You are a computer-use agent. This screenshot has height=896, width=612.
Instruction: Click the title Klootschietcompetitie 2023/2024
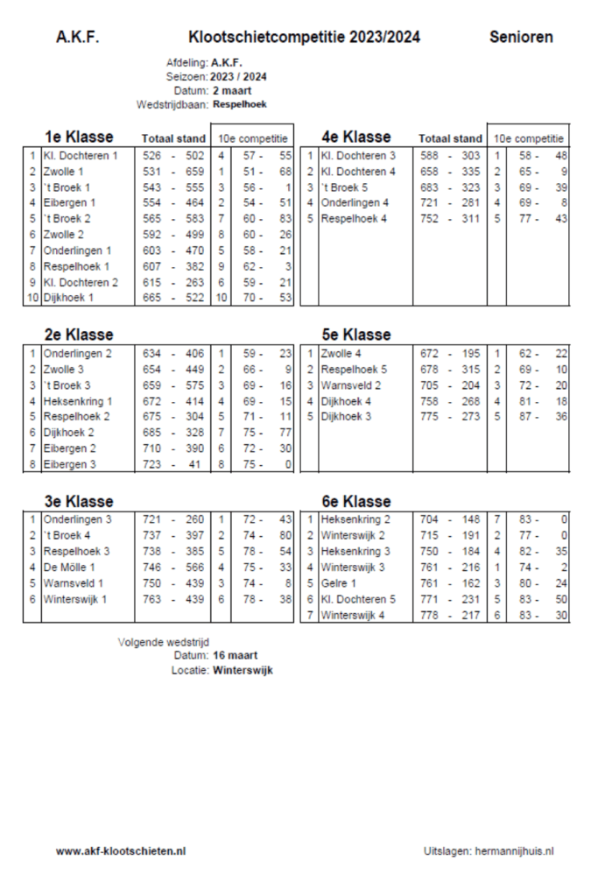tap(304, 38)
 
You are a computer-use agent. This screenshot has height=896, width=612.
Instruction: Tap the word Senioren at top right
tap(521, 38)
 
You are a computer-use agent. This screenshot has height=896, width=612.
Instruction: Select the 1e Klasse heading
tap(79, 137)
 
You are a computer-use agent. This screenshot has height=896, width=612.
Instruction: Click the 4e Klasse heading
tap(355, 137)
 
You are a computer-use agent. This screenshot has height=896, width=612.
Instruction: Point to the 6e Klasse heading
tap(355, 502)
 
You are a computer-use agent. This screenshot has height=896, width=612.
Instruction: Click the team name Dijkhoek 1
tap(68, 299)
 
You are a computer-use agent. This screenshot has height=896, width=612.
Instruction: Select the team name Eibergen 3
tap(69, 464)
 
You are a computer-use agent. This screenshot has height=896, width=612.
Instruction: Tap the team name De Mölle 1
tap(69, 567)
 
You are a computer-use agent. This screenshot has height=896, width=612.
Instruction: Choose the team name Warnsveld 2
tap(351, 385)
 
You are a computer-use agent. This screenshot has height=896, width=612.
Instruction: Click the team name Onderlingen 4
tap(355, 203)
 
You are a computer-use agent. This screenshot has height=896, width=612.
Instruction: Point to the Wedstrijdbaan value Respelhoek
tap(239, 104)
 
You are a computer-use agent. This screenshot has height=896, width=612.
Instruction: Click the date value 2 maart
tap(232, 90)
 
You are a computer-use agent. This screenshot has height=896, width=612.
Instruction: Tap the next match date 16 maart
tap(235, 655)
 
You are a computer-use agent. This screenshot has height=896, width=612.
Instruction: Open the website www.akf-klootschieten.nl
tap(121, 850)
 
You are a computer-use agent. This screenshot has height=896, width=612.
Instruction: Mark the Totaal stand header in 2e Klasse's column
tap(173, 335)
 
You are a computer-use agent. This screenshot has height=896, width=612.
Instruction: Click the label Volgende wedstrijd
tap(163, 641)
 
